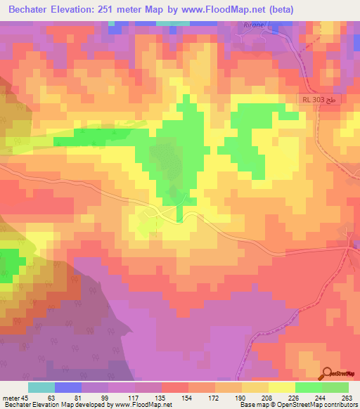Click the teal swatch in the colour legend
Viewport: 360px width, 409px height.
click(x=41, y=388)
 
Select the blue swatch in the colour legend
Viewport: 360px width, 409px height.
click(x=67, y=388)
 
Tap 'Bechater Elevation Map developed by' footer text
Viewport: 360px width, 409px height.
click(x=51, y=405)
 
